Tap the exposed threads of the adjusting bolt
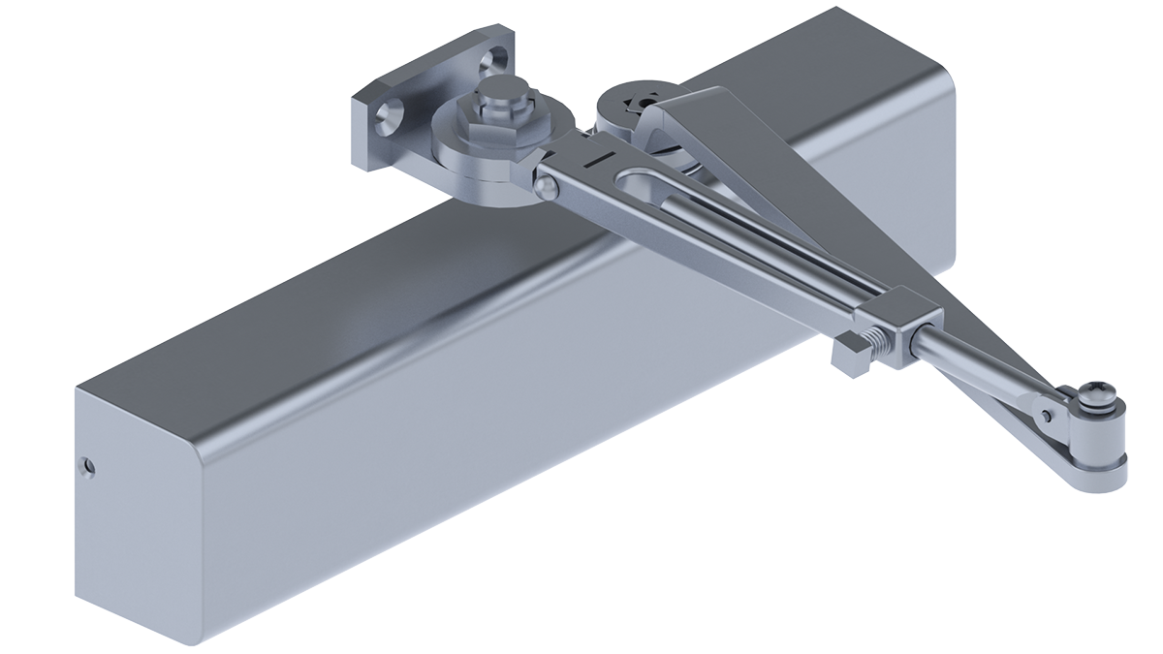pyautogui.click(x=881, y=343)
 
